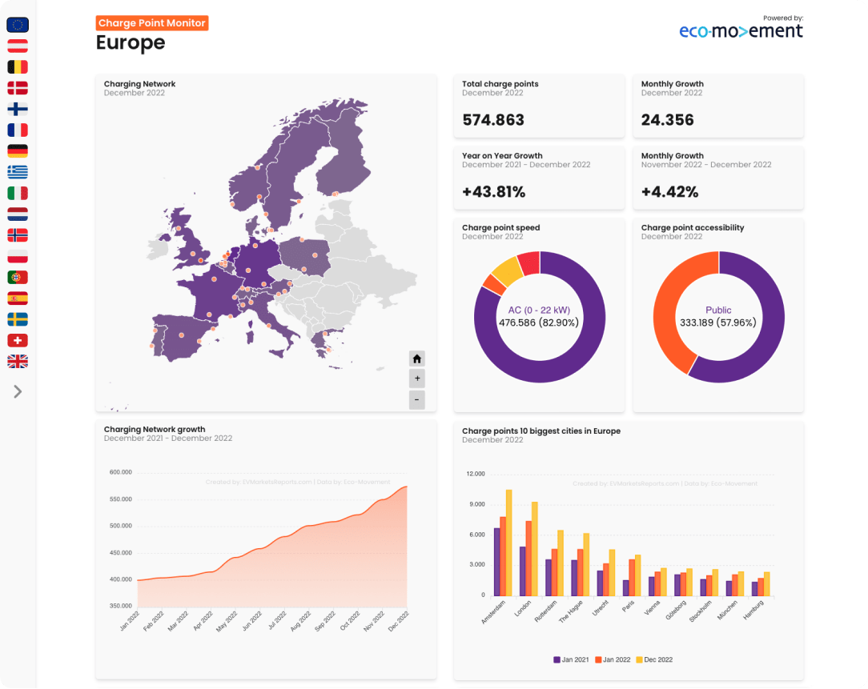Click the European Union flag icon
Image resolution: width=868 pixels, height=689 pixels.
click(18, 25)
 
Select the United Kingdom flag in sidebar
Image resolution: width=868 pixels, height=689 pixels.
click(18, 362)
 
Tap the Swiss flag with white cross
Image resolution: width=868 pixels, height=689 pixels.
click(18, 340)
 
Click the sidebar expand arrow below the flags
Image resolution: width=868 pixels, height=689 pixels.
click(18, 391)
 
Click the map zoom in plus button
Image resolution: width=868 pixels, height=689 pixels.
click(416, 379)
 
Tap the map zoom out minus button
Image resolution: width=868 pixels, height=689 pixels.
click(416, 399)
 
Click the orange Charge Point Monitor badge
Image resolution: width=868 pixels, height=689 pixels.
click(152, 23)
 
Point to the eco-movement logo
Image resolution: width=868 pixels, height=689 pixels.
click(741, 30)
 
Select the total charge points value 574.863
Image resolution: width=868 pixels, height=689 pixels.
click(493, 120)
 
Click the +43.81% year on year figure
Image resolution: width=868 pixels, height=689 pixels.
click(493, 192)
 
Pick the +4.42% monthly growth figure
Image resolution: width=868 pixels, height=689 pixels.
click(669, 192)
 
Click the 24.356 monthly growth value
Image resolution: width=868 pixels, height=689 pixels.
click(667, 120)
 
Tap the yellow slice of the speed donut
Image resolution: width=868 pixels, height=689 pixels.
click(506, 270)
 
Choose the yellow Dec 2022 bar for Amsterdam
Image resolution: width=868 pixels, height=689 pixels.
click(508, 542)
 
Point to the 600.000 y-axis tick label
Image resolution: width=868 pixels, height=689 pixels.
click(120, 472)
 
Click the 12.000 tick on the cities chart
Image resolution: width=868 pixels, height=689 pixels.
click(475, 474)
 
